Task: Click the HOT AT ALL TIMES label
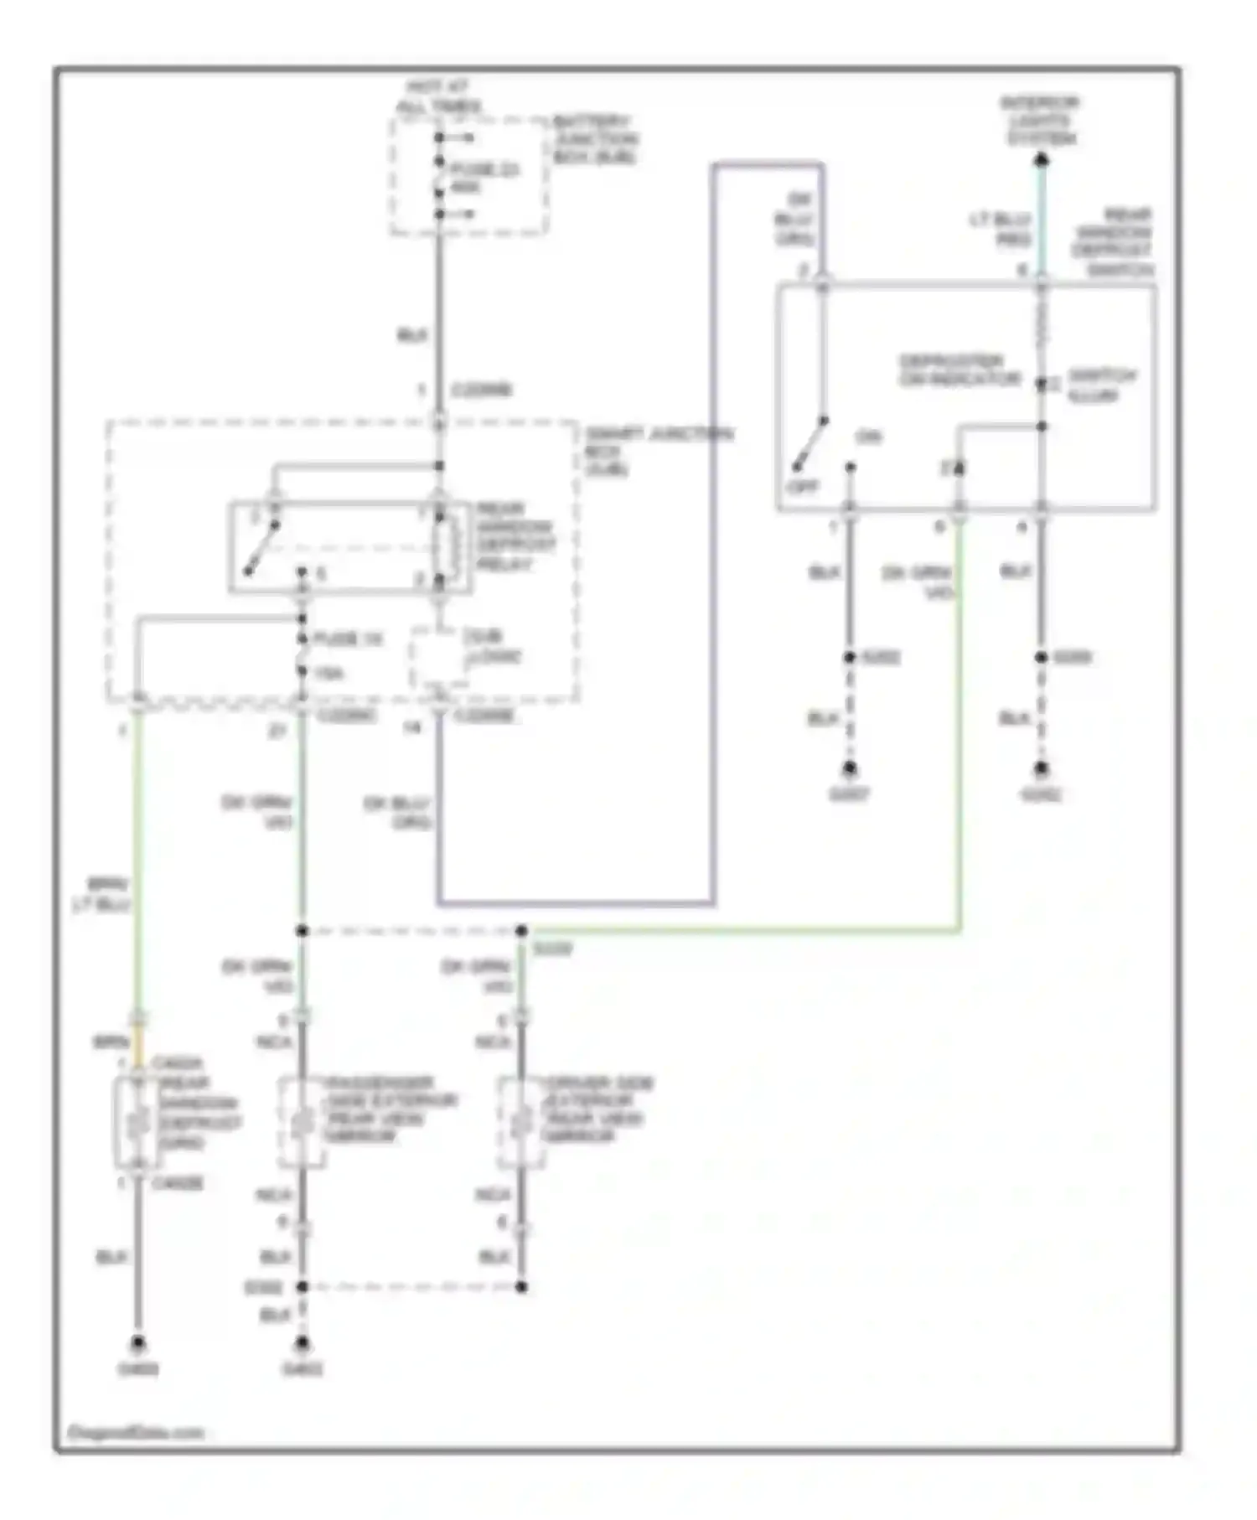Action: point(437,96)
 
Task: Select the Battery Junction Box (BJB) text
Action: point(595,139)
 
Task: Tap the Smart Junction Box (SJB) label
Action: point(658,451)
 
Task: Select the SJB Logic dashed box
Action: point(465,659)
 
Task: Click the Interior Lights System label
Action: point(1040,120)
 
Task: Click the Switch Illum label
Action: point(1100,385)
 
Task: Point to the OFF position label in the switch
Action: point(801,487)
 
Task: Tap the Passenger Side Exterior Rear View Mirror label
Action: point(390,1109)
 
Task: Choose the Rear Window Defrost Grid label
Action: point(199,1113)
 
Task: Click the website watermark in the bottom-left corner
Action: point(135,1432)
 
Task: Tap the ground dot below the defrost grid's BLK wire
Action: point(137,1342)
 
